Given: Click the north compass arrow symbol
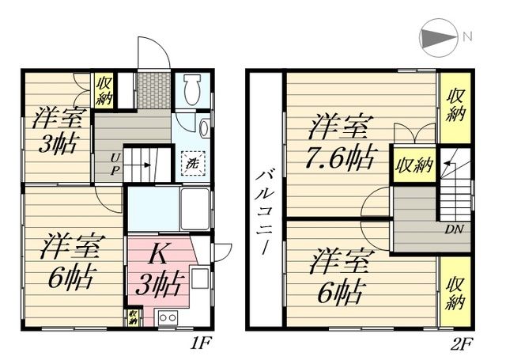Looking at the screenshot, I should pos(437,36).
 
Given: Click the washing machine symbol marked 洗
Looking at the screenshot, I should pos(193,163).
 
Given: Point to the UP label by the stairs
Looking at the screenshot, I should pos(115,163).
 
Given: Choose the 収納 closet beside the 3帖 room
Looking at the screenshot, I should pos(104,89).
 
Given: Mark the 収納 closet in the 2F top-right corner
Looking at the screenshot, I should pos(453,104).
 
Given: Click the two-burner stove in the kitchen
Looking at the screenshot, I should pos(167,318).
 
